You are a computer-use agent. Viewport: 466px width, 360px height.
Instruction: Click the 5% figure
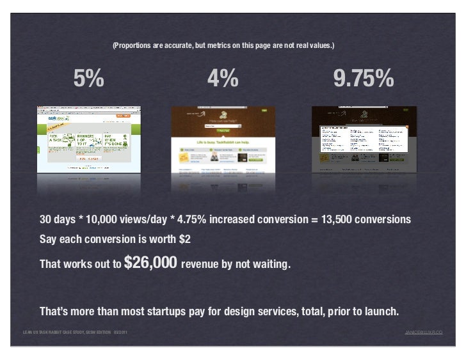[88, 79]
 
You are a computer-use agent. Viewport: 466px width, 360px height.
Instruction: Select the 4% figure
[223, 79]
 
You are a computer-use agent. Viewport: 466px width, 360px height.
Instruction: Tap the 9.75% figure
[363, 79]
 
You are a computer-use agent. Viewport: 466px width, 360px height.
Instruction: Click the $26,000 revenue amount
[150, 262]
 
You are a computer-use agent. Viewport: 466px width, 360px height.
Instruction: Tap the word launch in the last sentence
[382, 312]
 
